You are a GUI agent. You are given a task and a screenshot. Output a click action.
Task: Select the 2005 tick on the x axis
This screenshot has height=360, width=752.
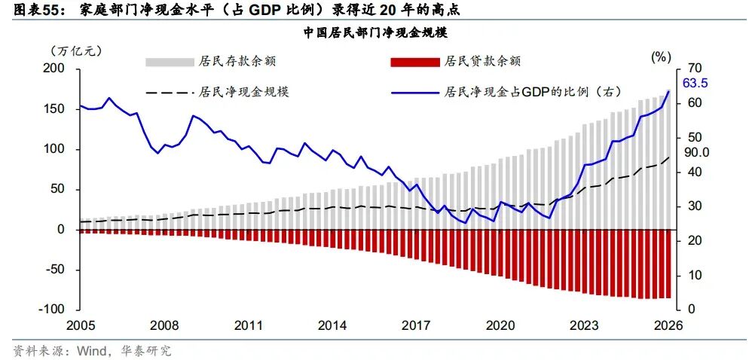point(81,326)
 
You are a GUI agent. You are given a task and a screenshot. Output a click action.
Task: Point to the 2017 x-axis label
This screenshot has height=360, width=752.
point(416,326)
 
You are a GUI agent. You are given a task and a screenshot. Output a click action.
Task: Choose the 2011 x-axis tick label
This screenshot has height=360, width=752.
point(249,326)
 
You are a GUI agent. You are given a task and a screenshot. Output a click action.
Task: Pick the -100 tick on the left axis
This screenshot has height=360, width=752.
point(55,310)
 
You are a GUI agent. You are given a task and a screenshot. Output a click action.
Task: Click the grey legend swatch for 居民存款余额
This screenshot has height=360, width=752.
point(170,63)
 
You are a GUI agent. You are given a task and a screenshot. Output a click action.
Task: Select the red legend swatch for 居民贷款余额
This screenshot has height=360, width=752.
point(415,63)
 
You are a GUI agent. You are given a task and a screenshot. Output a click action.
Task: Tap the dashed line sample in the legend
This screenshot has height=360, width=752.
point(170,92)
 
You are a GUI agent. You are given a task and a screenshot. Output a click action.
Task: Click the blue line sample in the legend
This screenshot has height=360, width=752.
point(415,92)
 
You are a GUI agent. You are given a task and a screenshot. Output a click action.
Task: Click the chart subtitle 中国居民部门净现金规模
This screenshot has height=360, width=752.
point(375,33)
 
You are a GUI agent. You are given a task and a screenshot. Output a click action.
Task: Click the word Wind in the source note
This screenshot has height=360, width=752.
point(88,351)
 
